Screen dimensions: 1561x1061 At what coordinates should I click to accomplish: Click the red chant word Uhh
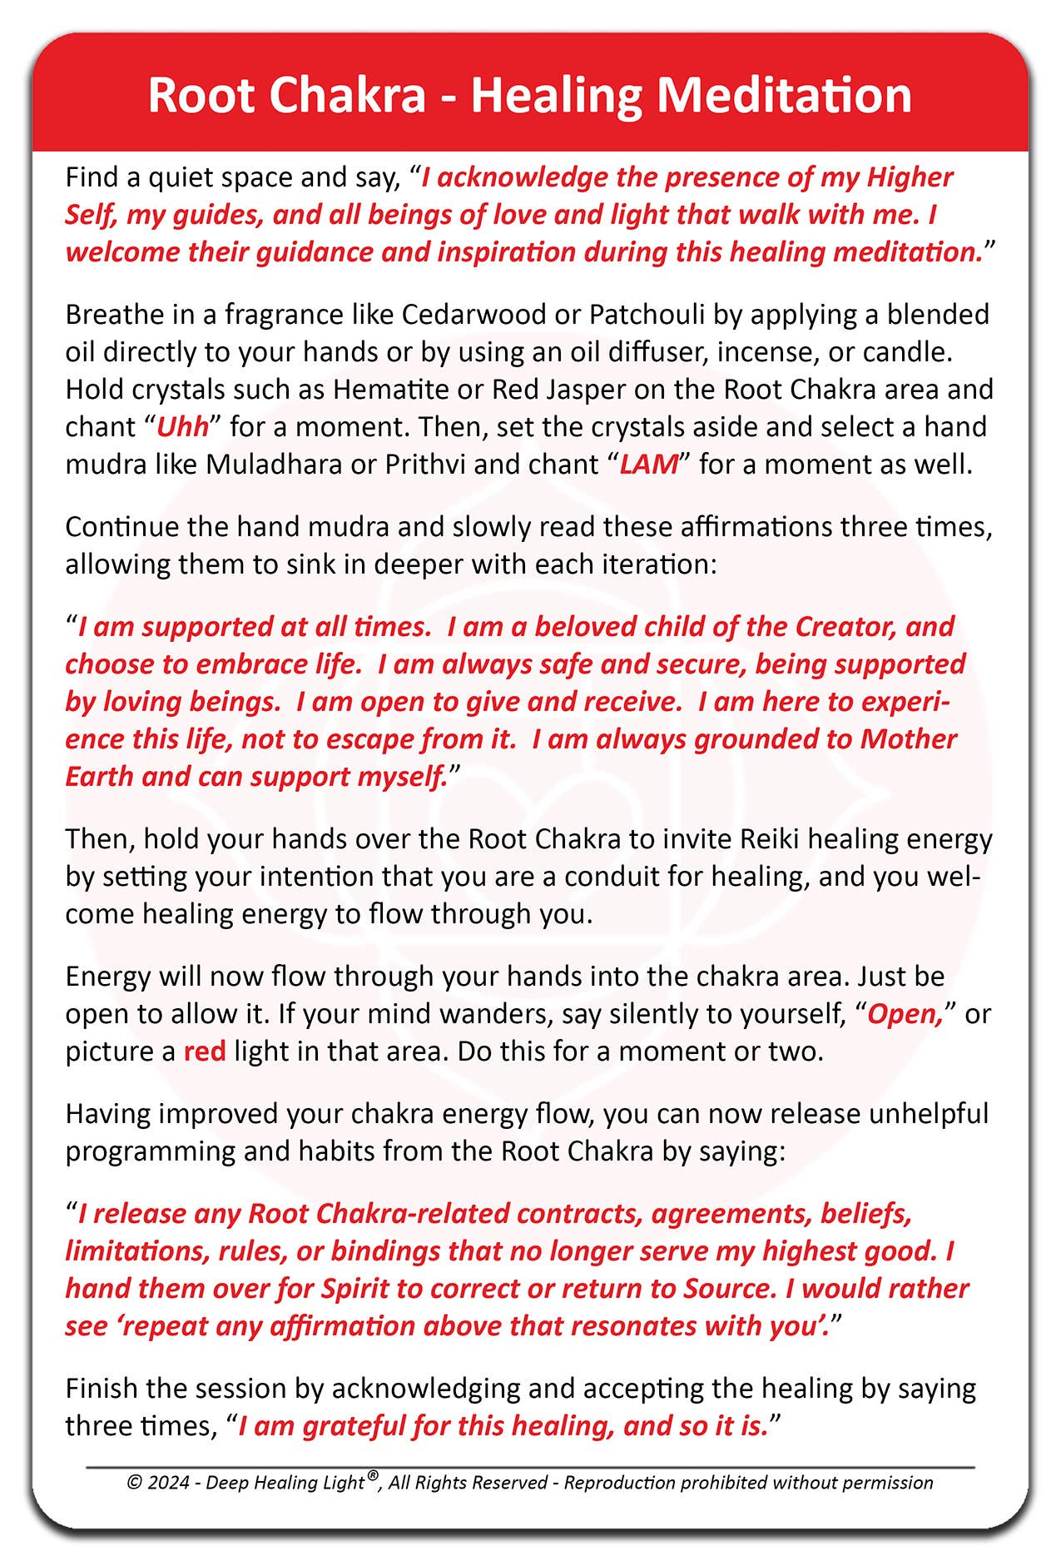182,427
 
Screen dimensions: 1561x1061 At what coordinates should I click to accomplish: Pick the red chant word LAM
649,465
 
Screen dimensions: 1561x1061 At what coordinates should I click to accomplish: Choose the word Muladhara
274,465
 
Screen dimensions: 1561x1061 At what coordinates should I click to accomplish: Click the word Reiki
769,839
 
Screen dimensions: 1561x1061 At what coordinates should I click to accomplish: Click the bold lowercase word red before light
205,1051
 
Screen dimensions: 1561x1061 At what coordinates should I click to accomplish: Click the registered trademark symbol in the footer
374,1476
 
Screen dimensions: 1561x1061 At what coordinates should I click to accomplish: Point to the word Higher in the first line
910,177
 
